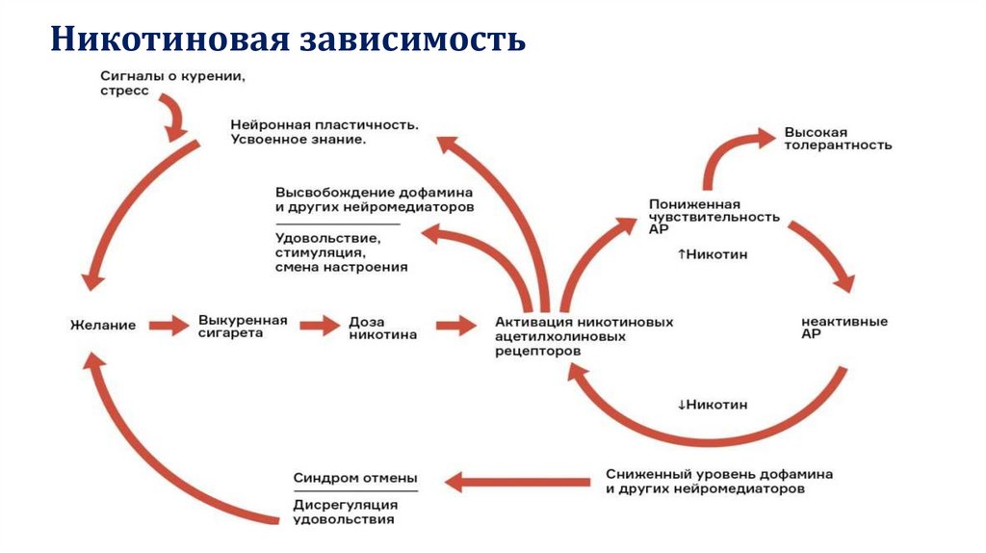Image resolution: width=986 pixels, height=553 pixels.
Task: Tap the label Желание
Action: click(103, 326)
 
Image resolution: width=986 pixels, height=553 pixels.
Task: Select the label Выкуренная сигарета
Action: click(244, 326)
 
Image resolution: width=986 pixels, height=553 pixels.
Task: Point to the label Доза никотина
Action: click(382, 329)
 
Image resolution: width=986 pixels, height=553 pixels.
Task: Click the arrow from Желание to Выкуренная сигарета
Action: click(168, 326)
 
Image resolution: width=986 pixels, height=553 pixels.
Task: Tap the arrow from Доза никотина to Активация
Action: click(455, 326)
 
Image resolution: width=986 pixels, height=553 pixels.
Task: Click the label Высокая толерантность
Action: click(837, 138)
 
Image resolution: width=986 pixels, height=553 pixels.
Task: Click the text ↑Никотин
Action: click(713, 254)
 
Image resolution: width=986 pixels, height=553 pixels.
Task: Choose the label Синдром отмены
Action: click(355, 478)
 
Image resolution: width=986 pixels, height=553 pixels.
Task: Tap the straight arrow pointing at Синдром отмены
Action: click(520, 481)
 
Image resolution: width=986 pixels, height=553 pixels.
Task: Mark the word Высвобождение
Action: click(328, 192)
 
